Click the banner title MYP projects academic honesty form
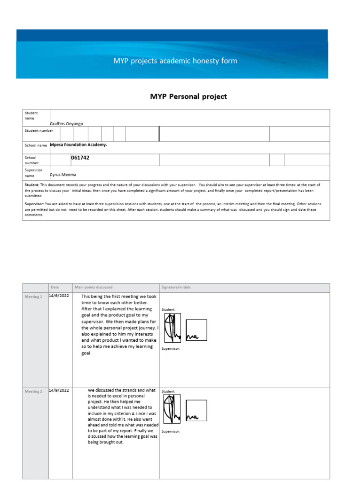coord(175,61)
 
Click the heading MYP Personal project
coord(188,96)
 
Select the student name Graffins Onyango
coord(66,123)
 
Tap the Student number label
coord(39,131)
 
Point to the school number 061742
coord(80,158)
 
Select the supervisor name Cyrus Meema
coord(63,174)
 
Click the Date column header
coord(55,287)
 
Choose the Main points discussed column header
coord(94,287)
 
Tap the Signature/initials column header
coord(176,287)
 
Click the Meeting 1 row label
coord(33,297)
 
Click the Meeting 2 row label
coord(33,392)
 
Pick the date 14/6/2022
coord(59,296)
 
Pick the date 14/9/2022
coord(59,390)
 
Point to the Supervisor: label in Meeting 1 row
coord(171,349)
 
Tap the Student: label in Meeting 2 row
coord(168,391)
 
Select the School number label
coord(31,160)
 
